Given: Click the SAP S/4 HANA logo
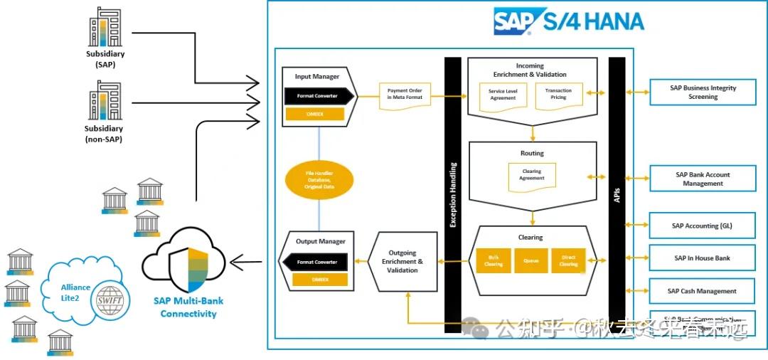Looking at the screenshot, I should [569, 21].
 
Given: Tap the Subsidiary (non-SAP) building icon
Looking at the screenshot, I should [105, 102].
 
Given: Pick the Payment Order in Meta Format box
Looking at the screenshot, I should [405, 95].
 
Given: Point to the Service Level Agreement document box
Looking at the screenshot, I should [502, 95].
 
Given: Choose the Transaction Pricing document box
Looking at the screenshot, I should [558, 94].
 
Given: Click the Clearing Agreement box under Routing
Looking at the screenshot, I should [531, 176].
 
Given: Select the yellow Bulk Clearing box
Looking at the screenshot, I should [494, 260].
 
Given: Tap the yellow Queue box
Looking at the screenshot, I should [530, 260].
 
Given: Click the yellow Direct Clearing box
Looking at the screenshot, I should [568, 260].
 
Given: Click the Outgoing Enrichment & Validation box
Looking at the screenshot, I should [402, 261].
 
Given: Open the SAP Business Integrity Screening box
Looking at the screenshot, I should [703, 92].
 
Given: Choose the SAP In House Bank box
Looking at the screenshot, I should [703, 258].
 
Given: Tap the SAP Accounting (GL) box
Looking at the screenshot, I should [703, 226].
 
